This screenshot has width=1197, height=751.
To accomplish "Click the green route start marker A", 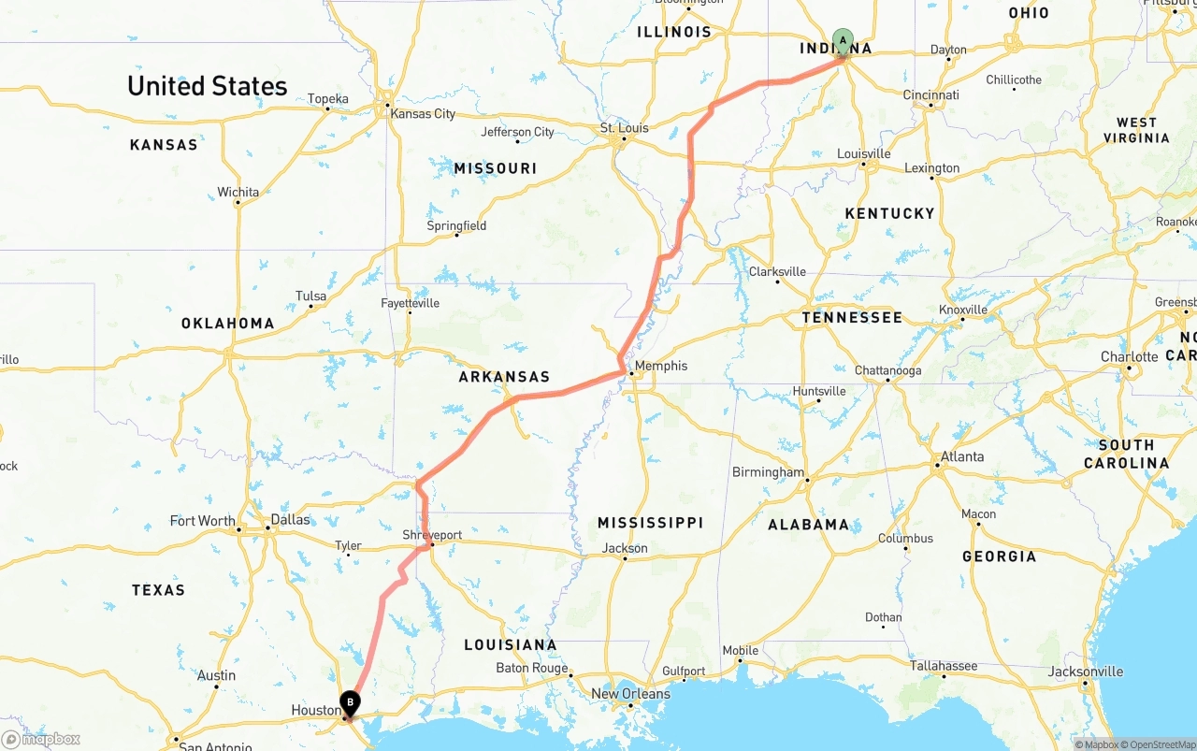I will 843,41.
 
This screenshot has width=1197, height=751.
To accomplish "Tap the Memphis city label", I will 661,366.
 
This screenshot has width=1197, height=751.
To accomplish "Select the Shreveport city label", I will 432,535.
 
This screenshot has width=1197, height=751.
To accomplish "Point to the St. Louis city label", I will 624,128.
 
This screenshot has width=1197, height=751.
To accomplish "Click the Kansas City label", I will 424,113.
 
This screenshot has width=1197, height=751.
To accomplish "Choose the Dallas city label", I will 290,520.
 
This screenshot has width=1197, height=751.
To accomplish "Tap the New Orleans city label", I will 630,694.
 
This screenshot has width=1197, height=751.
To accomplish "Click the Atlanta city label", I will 962,456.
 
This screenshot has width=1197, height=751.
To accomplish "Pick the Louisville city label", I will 863,153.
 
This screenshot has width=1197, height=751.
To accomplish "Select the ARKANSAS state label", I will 504,377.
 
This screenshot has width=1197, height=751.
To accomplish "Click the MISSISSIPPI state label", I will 650,522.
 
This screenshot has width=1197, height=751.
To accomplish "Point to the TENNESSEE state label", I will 852,318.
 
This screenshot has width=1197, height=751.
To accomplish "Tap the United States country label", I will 208,86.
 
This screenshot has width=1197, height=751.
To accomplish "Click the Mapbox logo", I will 41,739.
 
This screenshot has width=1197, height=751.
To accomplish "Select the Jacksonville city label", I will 1086,671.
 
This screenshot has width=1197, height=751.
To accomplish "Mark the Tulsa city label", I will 311,296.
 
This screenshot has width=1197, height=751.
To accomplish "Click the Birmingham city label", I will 768,472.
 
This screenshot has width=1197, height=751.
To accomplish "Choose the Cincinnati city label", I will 930,94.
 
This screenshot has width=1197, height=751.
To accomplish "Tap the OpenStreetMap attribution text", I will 1160,744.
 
